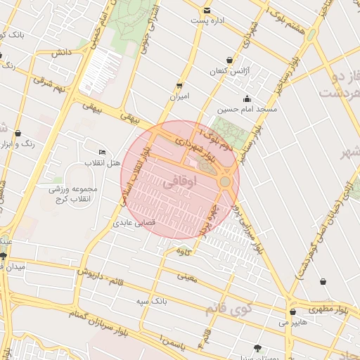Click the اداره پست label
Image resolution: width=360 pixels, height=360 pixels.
point(207,20)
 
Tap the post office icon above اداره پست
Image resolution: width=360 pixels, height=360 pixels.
point(207,11)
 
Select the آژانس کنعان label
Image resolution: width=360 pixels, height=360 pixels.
point(230,71)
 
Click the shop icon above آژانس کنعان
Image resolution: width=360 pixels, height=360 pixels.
point(231,60)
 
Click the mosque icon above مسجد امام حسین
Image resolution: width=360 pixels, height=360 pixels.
point(247,98)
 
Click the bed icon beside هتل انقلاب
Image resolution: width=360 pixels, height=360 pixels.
point(103,153)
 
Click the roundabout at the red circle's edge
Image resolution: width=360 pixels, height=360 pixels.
point(225,182)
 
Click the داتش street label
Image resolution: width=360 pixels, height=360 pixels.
point(61,53)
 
